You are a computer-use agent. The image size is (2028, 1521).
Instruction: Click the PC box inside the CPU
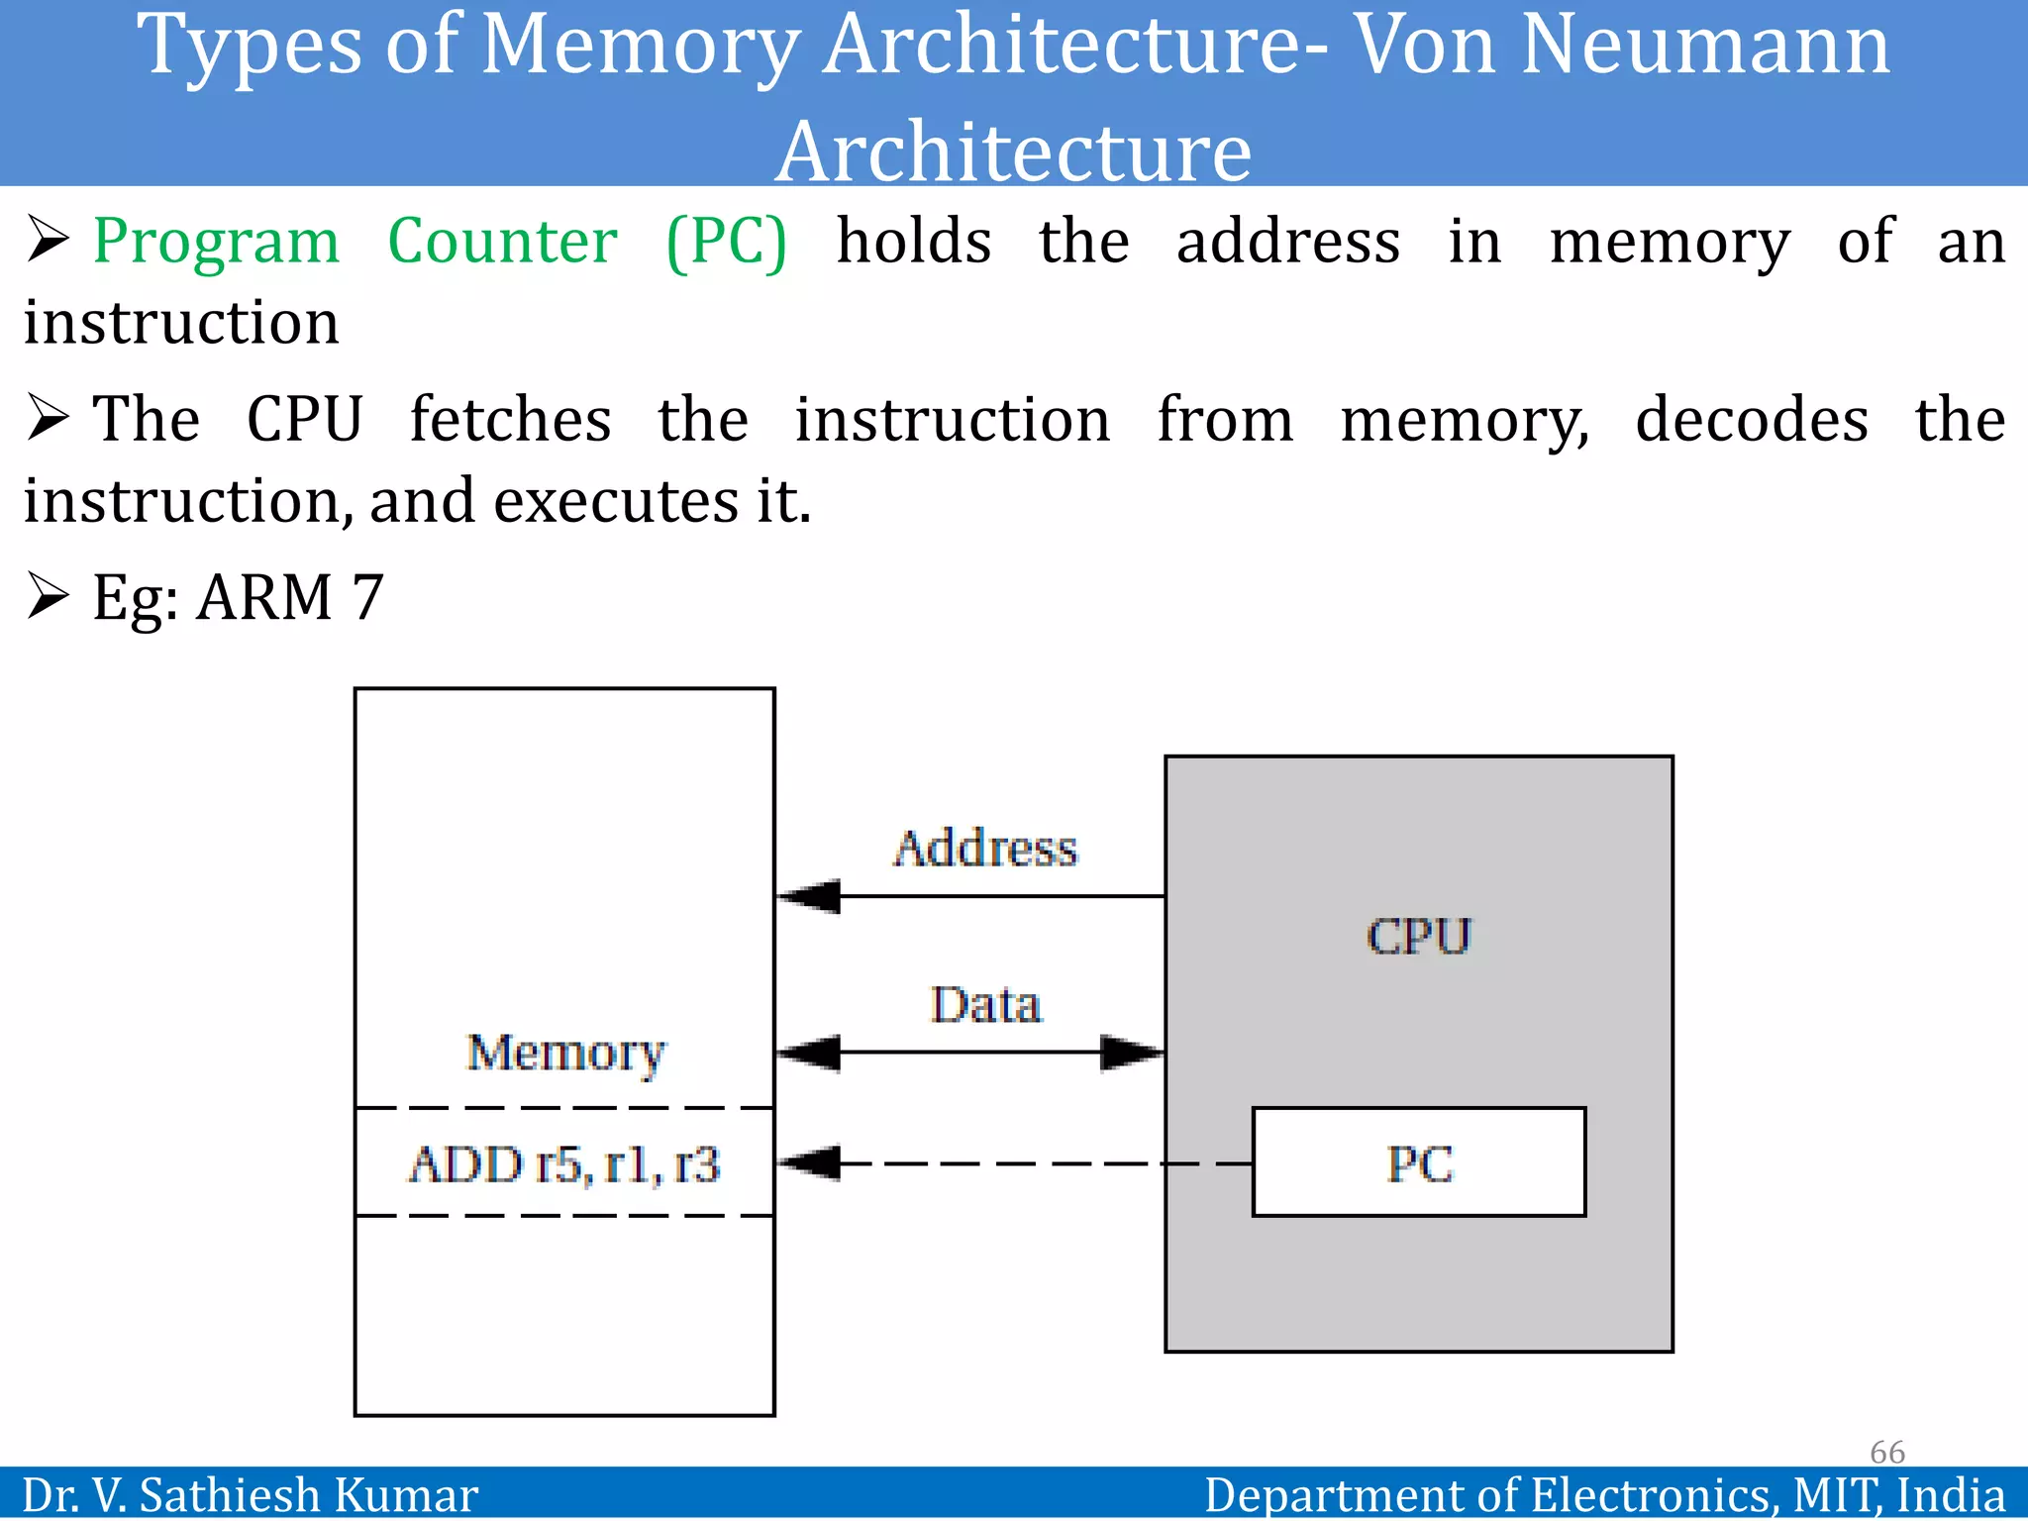1418,1162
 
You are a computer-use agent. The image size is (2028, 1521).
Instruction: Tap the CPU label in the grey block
1418,936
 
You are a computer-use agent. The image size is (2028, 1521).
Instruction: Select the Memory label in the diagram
565,1052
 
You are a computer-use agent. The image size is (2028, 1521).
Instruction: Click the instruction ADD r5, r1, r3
564,1164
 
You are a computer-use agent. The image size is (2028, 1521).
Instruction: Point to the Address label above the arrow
984,849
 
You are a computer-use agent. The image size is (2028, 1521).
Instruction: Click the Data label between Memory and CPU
984,1005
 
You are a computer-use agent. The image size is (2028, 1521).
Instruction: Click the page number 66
1886,1452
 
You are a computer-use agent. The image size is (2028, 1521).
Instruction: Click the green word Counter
502,241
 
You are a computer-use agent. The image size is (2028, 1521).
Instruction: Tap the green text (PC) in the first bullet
726,243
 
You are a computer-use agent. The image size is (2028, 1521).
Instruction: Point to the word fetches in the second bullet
510,419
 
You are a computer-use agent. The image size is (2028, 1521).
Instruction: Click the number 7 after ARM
367,597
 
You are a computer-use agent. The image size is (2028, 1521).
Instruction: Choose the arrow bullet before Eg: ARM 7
48,595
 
